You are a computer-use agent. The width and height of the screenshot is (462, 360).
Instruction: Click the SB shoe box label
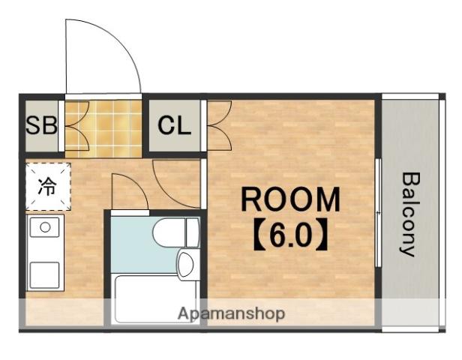click(x=41, y=125)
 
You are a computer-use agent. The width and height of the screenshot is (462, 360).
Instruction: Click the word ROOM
click(x=290, y=199)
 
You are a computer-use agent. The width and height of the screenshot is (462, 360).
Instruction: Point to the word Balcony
click(x=410, y=214)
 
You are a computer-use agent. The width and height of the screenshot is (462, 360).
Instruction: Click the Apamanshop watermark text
click(x=231, y=314)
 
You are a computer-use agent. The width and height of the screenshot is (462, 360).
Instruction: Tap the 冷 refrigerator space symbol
click(x=47, y=187)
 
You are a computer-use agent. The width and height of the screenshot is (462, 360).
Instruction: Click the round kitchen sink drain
click(x=45, y=227)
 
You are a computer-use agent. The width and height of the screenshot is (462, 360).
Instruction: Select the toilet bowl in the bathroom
click(x=169, y=232)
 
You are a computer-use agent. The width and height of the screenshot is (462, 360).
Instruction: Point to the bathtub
click(x=155, y=298)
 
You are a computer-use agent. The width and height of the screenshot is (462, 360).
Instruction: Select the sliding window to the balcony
click(x=379, y=213)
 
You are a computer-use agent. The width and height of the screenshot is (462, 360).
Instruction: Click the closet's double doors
click(x=220, y=125)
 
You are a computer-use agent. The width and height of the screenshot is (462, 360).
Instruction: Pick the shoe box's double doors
click(x=76, y=125)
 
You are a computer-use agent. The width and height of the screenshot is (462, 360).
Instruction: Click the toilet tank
click(x=193, y=232)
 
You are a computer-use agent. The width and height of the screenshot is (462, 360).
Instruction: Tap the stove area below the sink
click(x=45, y=275)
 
